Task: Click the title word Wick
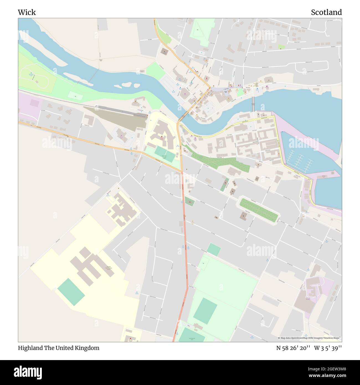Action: click(x=27, y=12)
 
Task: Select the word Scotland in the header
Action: click(x=326, y=12)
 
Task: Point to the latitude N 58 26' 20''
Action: click(x=293, y=348)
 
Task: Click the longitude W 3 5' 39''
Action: click(x=328, y=348)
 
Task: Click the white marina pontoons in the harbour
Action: click(x=299, y=162)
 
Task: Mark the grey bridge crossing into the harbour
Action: click(x=253, y=104)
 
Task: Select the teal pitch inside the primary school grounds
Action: click(x=71, y=292)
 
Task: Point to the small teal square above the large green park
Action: click(x=214, y=249)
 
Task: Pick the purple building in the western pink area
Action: click(x=34, y=103)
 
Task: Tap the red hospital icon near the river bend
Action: click(x=161, y=137)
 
